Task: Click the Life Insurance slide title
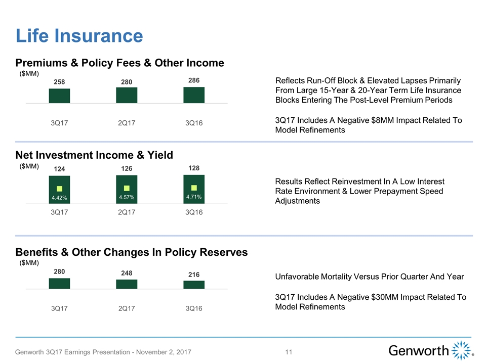[x=79, y=35]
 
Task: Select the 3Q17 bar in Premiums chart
[x=59, y=96]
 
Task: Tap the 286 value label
[x=193, y=80]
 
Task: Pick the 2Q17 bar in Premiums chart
[x=127, y=96]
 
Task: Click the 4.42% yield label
[x=59, y=198]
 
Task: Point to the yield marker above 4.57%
[x=127, y=188]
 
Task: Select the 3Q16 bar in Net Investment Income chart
[x=193, y=189]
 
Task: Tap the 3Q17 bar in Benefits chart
[x=59, y=284]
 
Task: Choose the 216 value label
[x=193, y=275]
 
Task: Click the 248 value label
[x=127, y=273]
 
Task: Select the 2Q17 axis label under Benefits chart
[x=127, y=309]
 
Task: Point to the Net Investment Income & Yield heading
[x=94, y=155]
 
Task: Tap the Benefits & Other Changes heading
[x=132, y=252]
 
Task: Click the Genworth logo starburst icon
[x=462, y=350]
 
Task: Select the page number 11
[x=290, y=352]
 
